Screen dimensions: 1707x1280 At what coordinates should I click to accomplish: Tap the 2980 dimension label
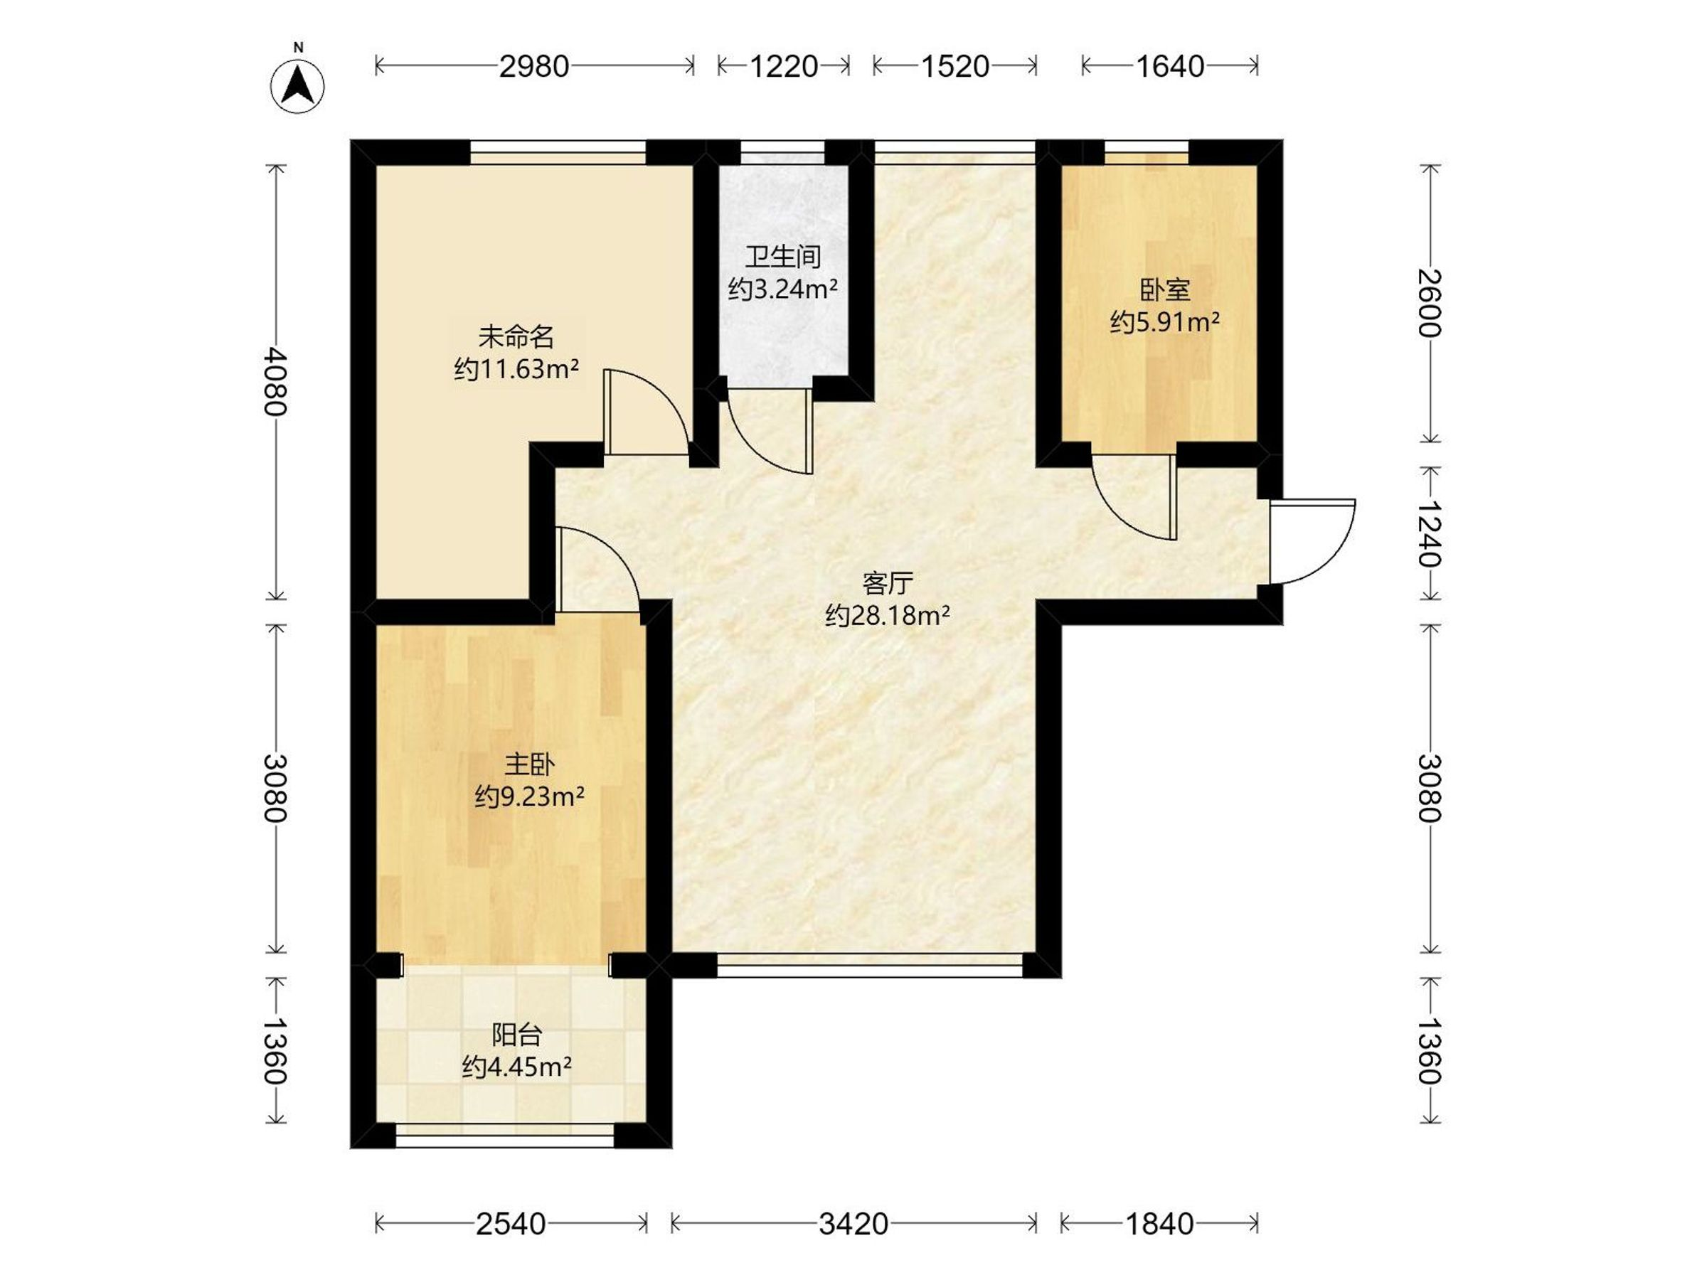[x=534, y=66]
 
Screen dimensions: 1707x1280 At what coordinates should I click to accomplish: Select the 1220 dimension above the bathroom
[x=783, y=66]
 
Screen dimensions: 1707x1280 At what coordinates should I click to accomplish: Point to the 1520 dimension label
[x=955, y=66]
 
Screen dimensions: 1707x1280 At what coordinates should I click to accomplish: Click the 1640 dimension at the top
[x=1170, y=66]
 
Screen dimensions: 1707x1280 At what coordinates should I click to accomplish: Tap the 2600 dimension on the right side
[x=1430, y=302]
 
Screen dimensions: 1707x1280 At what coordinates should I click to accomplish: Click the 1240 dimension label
[x=1430, y=533]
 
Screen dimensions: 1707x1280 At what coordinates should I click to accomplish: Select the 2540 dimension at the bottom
[x=511, y=1224]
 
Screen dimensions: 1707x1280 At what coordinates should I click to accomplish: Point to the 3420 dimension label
[x=854, y=1224]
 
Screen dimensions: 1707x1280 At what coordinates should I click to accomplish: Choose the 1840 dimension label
[x=1160, y=1224]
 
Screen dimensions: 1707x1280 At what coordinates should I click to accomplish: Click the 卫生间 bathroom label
[x=783, y=257]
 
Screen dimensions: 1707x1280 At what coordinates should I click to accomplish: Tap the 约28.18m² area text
[x=888, y=616]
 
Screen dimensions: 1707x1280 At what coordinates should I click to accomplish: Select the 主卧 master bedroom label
[x=529, y=764]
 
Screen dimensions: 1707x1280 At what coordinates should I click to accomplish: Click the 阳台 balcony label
[x=517, y=1035]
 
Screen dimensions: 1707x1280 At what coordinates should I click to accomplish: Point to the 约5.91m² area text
[x=1165, y=321]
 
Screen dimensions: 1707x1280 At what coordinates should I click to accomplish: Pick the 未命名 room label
[x=516, y=337]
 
